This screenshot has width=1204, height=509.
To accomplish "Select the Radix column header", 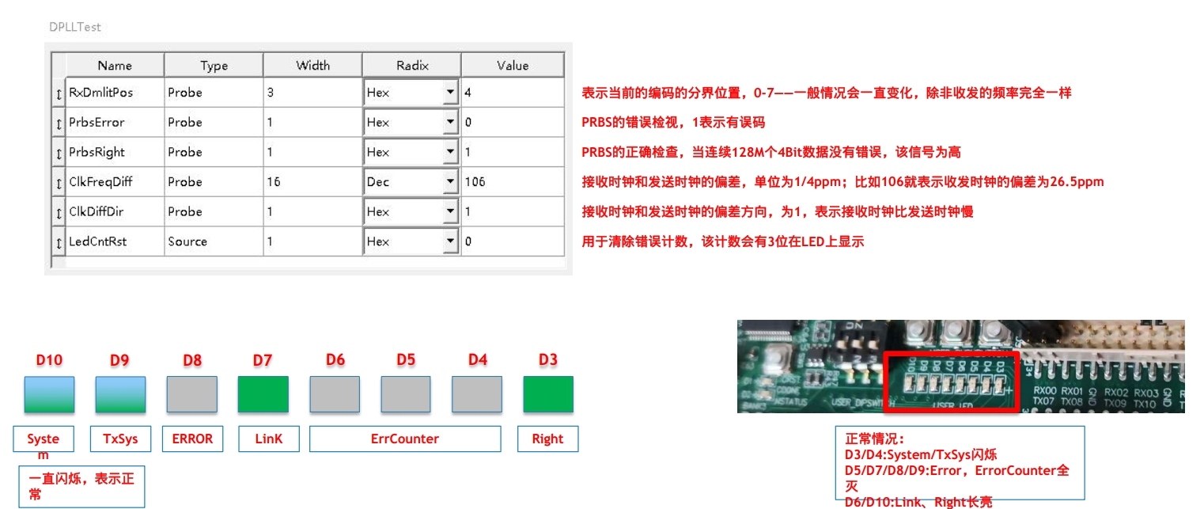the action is (x=411, y=66).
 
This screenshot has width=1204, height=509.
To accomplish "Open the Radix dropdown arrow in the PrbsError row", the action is (x=450, y=123).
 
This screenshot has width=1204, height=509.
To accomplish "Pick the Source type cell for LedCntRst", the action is (x=187, y=241).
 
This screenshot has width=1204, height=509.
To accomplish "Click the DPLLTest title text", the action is (x=75, y=27).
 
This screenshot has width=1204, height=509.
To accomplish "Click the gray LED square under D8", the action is (x=191, y=394).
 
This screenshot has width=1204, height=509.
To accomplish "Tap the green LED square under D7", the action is (x=263, y=394).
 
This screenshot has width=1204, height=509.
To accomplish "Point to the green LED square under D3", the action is (x=547, y=394).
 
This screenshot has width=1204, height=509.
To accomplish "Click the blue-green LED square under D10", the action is (x=49, y=394).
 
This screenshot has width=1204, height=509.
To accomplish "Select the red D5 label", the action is (x=406, y=360).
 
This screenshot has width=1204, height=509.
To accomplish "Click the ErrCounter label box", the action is (x=405, y=439).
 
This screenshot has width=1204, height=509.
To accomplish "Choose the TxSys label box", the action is (x=120, y=439).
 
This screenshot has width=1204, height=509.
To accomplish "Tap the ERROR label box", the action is (x=192, y=439).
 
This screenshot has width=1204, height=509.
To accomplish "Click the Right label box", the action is (x=547, y=439).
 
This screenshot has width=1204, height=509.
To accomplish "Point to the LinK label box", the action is (x=268, y=439).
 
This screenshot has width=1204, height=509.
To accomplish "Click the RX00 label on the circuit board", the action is (x=1045, y=392).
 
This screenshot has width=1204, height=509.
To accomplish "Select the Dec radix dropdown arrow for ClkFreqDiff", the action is (x=450, y=182).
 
